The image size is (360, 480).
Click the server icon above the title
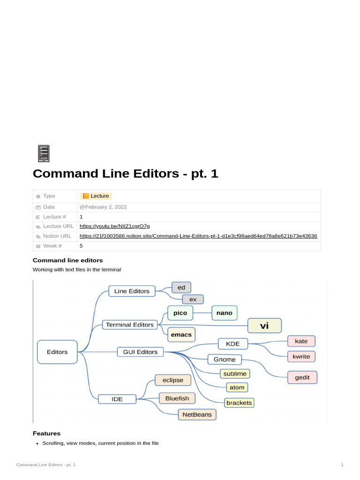(x=43, y=154)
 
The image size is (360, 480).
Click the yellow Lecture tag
(x=96, y=196)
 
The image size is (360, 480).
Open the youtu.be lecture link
(x=114, y=226)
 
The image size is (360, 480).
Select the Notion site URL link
(x=198, y=236)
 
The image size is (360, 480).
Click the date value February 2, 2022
(x=103, y=207)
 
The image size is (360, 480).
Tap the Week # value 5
(x=81, y=246)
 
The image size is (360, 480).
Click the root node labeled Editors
(x=57, y=352)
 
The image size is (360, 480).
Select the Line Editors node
(x=132, y=291)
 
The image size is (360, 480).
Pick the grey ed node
(x=181, y=287)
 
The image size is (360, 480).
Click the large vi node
(x=264, y=325)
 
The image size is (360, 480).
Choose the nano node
(x=224, y=313)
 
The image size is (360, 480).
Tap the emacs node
(x=181, y=335)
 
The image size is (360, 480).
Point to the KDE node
(x=233, y=344)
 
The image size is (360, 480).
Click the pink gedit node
(x=302, y=377)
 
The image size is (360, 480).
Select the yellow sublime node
(x=235, y=374)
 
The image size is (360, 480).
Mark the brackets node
(x=239, y=403)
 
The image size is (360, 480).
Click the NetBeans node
(x=197, y=414)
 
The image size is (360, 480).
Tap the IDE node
(x=117, y=399)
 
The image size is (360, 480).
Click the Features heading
(x=46, y=433)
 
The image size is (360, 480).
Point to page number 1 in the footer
(x=342, y=465)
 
